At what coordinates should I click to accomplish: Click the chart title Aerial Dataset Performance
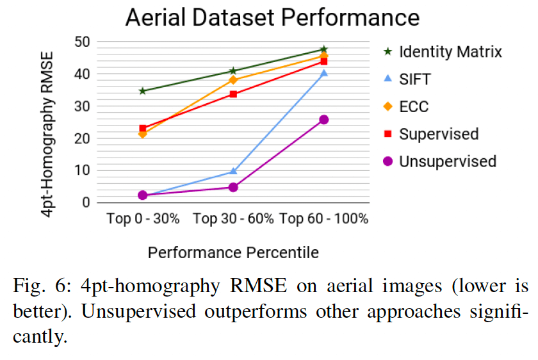coord(272,17)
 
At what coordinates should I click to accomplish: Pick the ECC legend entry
coord(414,107)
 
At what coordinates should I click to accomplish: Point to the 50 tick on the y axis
coord(81,42)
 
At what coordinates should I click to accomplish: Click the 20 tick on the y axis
coord(81,138)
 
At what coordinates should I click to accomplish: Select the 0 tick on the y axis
coord(85,202)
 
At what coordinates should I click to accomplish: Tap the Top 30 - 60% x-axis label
coord(233,219)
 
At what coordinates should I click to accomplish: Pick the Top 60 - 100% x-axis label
coord(324,219)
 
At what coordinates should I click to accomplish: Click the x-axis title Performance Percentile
coord(233,253)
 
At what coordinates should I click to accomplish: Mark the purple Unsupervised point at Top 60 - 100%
coord(324,120)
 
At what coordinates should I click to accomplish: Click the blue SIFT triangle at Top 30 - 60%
coord(233,171)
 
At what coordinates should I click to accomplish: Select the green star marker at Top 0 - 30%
coord(142,91)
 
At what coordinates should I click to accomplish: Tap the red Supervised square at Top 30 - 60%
coord(233,94)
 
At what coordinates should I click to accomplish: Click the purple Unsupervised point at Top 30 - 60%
coord(233,187)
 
